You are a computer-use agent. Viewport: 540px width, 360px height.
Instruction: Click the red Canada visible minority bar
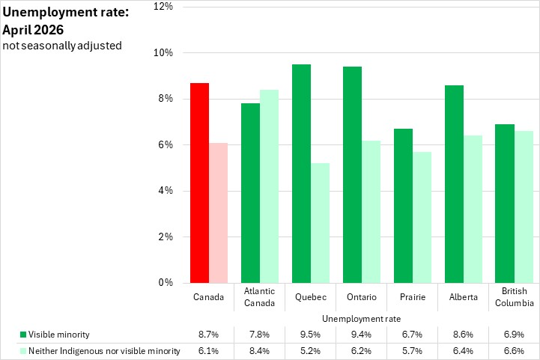[199, 183]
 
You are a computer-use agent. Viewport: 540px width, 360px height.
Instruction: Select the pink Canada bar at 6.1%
[219, 213]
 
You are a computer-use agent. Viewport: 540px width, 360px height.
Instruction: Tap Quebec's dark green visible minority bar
[301, 174]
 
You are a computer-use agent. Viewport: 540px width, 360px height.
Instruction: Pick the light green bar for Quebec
[320, 223]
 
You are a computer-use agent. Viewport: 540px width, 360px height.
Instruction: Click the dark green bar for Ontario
[352, 175]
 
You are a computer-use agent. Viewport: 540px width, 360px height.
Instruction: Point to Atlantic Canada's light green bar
[270, 186]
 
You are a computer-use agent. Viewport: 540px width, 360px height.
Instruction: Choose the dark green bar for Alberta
[455, 184]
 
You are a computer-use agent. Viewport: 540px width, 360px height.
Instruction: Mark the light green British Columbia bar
[524, 207]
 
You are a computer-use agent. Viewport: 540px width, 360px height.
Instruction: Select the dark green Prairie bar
[403, 206]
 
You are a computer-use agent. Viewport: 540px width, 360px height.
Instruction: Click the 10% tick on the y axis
[163, 52]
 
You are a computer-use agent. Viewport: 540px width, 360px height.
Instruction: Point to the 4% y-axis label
[166, 191]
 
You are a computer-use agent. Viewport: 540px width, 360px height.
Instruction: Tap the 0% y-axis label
[166, 283]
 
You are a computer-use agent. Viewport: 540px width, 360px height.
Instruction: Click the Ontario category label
[362, 297]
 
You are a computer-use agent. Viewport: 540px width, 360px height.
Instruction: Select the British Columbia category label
[515, 297]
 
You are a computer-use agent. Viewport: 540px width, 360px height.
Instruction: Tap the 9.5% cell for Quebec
[311, 335]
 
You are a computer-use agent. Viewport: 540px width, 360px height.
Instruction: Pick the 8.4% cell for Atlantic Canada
[260, 351]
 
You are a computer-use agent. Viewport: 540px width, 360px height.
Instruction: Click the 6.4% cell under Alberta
[463, 351]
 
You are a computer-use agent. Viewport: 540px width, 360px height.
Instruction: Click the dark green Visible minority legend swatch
[23, 335]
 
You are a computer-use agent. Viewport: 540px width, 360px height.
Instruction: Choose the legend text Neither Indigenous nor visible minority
[104, 351]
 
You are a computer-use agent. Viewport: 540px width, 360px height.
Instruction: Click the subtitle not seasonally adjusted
[62, 46]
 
